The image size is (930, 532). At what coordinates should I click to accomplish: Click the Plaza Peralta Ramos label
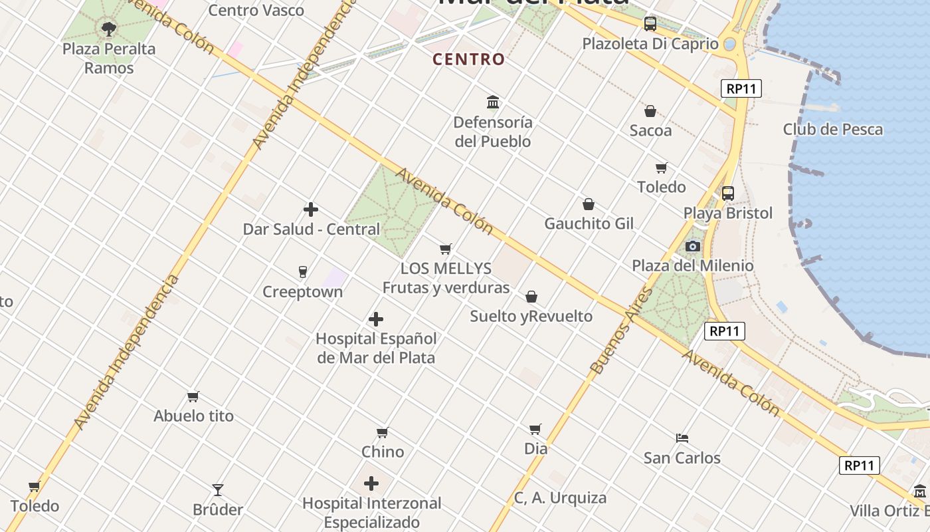tap(109, 59)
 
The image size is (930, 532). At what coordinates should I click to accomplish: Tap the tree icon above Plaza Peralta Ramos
tap(109, 29)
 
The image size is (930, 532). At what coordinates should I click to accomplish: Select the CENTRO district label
tap(468, 59)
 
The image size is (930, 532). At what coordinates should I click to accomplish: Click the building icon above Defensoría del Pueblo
tap(493, 102)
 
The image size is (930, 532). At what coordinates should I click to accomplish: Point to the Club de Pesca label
tap(832, 129)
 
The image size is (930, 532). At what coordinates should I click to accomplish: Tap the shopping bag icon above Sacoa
tap(650, 111)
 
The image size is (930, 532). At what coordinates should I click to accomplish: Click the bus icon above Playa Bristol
tap(728, 194)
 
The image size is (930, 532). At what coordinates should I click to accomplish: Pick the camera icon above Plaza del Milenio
tap(693, 246)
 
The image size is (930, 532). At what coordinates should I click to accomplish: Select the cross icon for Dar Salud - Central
tap(311, 210)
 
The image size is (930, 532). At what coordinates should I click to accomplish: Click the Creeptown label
tap(303, 292)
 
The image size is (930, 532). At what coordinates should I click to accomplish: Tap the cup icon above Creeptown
tap(303, 272)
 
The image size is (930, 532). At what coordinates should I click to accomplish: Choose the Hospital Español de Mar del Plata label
tap(376, 348)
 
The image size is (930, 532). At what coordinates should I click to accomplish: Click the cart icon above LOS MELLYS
tap(446, 249)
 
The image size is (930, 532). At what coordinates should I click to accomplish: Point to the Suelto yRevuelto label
tap(531, 317)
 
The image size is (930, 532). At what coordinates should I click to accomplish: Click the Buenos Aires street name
tap(612, 340)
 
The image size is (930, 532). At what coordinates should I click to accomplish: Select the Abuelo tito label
tap(194, 416)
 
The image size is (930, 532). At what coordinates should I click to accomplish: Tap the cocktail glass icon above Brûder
tap(218, 490)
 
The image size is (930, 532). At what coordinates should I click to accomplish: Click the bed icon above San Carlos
tap(682, 438)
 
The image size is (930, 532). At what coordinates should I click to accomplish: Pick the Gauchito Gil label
tap(589, 223)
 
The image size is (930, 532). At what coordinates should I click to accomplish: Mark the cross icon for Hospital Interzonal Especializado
tap(371, 483)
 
